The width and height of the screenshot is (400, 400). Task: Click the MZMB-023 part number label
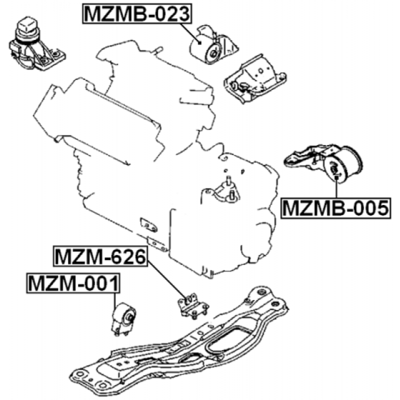(x=137, y=14)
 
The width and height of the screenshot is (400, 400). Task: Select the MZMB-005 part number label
(x=335, y=208)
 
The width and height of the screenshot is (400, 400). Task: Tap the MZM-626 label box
(x=100, y=256)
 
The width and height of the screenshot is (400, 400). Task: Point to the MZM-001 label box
(x=73, y=283)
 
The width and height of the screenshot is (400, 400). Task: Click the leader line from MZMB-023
(x=190, y=33)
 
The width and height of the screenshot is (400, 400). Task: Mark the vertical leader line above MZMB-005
(x=336, y=187)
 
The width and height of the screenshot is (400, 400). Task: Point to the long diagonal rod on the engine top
(x=122, y=105)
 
